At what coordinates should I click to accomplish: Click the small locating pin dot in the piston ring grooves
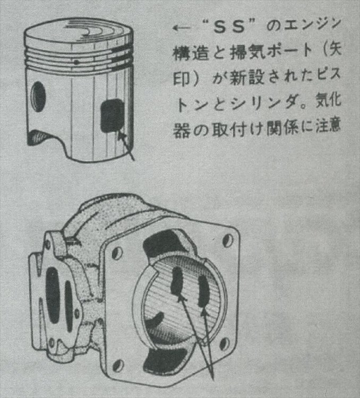click(x=76, y=62)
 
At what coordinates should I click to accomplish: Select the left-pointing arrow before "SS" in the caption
click(x=181, y=28)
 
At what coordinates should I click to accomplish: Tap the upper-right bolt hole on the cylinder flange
click(x=227, y=240)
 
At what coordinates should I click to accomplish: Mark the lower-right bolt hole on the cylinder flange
click(x=224, y=344)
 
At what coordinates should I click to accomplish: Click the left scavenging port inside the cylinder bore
click(x=177, y=281)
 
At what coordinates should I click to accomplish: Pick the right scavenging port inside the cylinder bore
click(x=203, y=290)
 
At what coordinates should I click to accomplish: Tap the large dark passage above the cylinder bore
click(x=165, y=244)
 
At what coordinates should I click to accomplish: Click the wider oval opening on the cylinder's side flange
click(x=53, y=295)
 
